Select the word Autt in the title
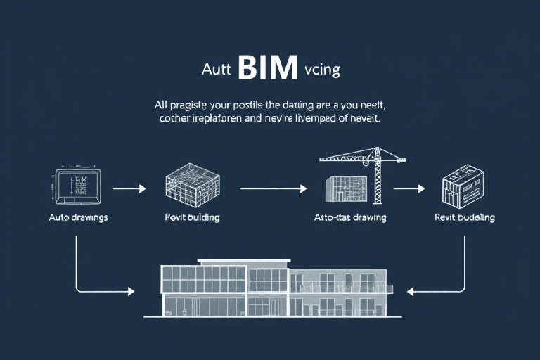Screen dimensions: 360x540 (x=215, y=72)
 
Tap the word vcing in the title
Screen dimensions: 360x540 (x=323, y=72)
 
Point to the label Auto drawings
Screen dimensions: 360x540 (x=78, y=217)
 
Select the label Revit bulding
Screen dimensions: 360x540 (x=192, y=217)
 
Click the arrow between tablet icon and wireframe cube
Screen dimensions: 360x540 (x=129, y=188)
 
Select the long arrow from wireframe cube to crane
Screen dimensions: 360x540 (x=274, y=188)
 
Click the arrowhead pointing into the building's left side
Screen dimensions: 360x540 (x=131, y=290)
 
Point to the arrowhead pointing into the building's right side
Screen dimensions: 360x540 (x=412, y=290)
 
